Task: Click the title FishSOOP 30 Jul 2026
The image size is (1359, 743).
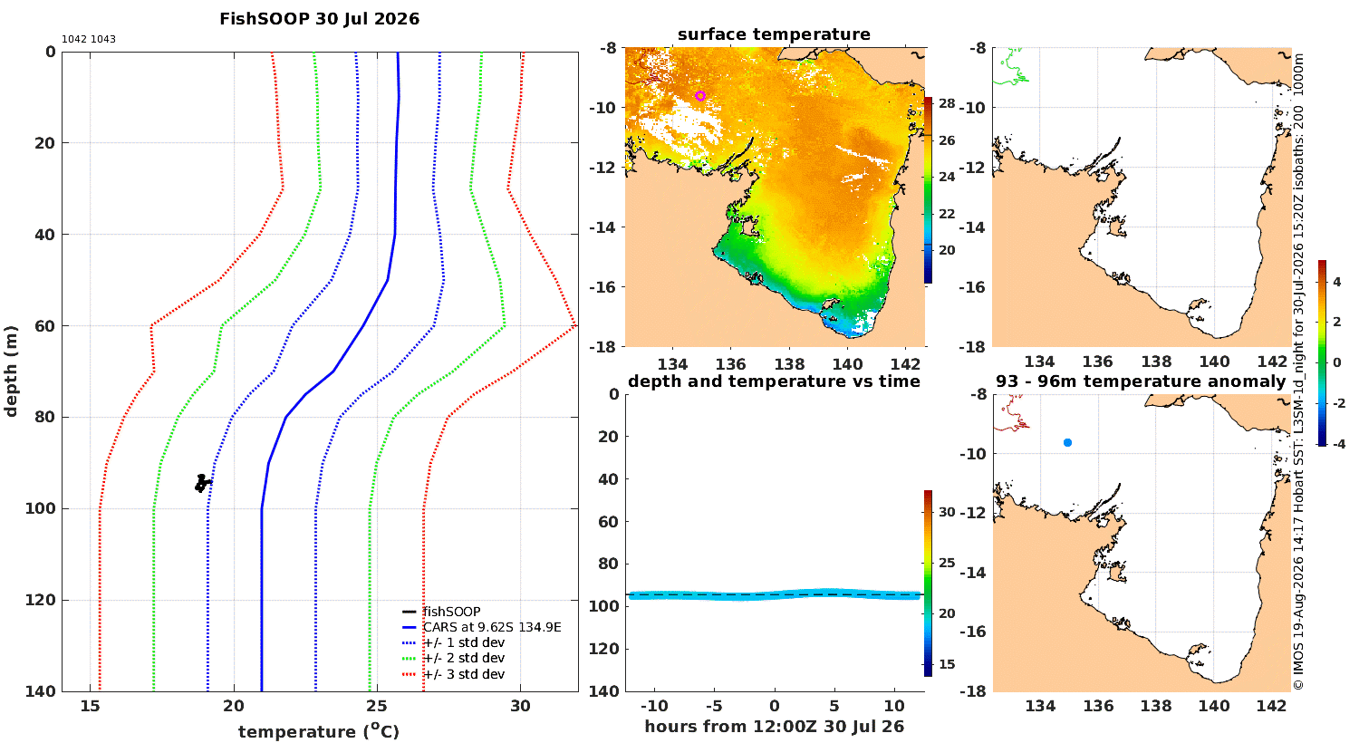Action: point(319,19)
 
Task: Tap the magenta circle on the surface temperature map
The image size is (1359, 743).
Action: point(700,96)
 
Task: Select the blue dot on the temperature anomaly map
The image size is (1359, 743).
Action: point(1068,443)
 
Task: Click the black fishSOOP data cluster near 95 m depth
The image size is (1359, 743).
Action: point(202,483)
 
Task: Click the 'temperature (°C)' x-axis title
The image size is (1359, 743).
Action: point(319,731)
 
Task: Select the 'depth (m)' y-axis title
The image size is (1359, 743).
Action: point(10,371)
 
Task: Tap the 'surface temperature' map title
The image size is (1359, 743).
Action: point(774,34)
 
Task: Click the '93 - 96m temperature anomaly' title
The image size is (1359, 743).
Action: point(1141,381)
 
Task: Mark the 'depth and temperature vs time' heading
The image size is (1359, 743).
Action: point(774,381)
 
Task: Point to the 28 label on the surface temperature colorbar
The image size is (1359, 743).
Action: point(947,103)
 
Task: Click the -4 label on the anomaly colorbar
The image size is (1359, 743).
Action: point(1337,444)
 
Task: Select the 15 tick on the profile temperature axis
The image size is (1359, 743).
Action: point(91,706)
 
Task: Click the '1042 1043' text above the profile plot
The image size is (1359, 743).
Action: point(89,40)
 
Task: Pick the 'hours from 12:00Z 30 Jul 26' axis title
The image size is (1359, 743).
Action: point(774,727)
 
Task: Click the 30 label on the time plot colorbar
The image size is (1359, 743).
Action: point(947,512)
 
